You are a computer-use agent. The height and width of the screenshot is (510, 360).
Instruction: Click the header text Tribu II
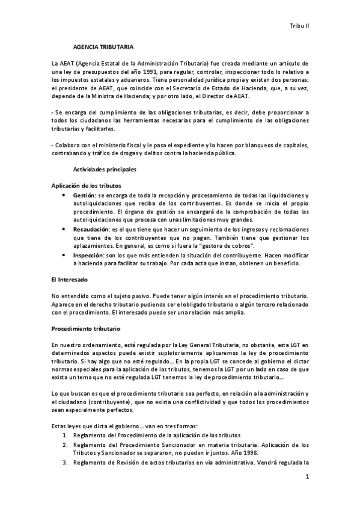click(x=299, y=27)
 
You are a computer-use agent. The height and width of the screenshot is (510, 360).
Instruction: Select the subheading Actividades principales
click(x=105, y=170)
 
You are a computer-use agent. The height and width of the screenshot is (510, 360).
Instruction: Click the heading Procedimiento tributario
click(x=87, y=330)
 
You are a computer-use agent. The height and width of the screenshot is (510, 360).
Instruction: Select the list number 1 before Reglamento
click(x=65, y=434)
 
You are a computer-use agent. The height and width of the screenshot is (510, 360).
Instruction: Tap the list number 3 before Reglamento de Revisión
click(x=65, y=462)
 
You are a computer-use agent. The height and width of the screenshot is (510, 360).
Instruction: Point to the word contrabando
click(x=70, y=153)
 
